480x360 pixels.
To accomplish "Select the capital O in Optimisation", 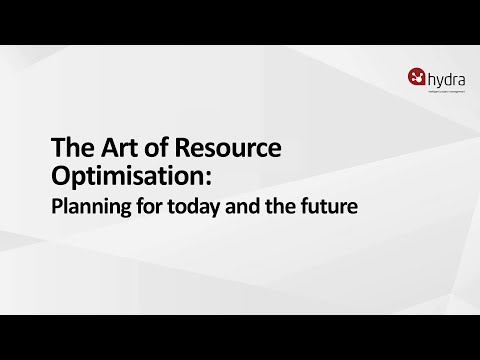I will point(60,177).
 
